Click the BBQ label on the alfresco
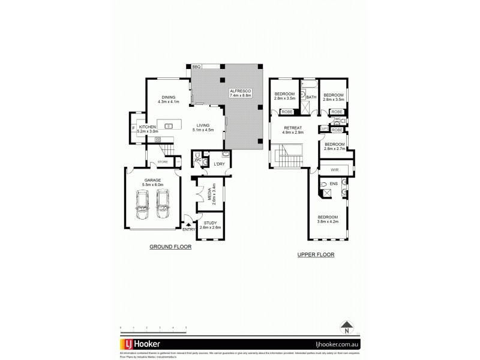pyautogui.click(x=196, y=67)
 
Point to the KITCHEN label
pyautogui.click(x=147, y=127)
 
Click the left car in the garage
pyautogui.click(x=143, y=205)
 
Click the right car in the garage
pyautogui.click(x=163, y=205)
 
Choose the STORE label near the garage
pyautogui.click(x=163, y=162)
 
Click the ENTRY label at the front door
pyautogui.click(x=188, y=229)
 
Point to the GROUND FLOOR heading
pyautogui.click(x=170, y=246)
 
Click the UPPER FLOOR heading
pyautogui.click(x=316, y=254)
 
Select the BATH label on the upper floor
pyautogui.click(x=311, y=97)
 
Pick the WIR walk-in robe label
pyautogui.click(x=326, y=170)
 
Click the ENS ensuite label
pyautogui.click(x=334, y=183)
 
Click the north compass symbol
pyautogui.click(x=346, y=328)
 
